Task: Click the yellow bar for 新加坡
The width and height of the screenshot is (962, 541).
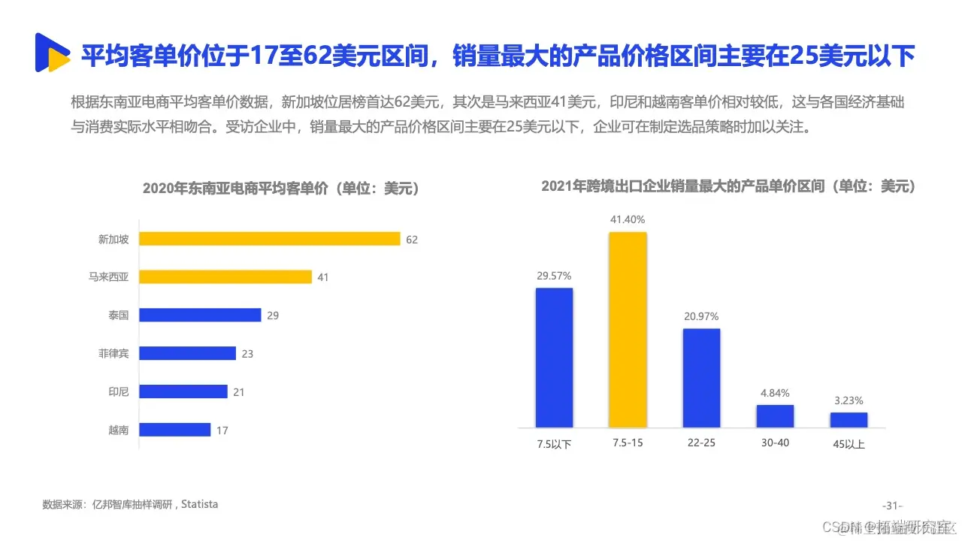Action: click(269, 239)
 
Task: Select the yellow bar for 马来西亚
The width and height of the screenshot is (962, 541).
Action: click(225, 277)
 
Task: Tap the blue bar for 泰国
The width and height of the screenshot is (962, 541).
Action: click(200, 315)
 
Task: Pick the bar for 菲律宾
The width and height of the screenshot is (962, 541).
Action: click(187, 353)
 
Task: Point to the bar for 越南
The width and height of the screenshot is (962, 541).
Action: click(174, 430)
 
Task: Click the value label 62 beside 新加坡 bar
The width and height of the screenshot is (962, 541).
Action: click(411, 240)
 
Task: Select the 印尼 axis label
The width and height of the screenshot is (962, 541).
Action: click(119, 391)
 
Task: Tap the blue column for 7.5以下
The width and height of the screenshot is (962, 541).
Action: click(554, 358)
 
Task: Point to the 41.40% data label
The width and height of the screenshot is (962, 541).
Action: click(628, 219)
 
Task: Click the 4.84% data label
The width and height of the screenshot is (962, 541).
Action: click(775, 393)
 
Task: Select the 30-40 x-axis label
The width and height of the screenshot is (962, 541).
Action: click(775, 443)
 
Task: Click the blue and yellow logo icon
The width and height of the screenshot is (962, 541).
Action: click(53, 53)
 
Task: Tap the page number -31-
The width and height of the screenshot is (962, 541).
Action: click(892, 505)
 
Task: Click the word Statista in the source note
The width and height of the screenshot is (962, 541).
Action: click(201, 504)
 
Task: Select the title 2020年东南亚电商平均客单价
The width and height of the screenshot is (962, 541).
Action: click(281, 189)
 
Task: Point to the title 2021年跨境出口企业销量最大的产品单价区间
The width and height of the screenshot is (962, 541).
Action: click(728, 186)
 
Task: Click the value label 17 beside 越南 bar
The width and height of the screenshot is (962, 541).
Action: click(222, 431)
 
